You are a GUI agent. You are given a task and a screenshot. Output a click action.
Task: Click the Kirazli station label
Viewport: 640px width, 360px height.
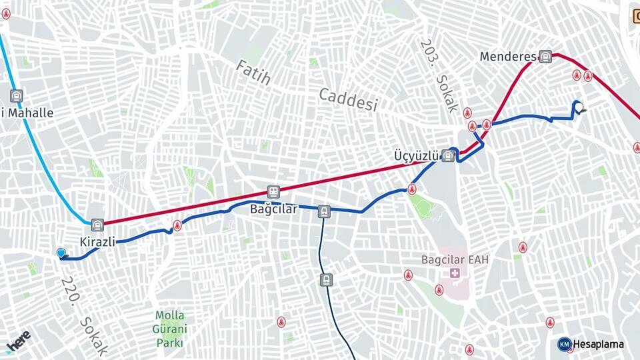coord(98,241)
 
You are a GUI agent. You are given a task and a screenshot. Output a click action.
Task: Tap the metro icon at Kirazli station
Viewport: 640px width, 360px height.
coord(98,224)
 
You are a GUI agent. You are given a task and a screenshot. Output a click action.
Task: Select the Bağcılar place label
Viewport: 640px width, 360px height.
coord(273,209)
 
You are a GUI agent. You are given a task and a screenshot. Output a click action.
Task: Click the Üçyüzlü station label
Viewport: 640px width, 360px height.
coord(417,155)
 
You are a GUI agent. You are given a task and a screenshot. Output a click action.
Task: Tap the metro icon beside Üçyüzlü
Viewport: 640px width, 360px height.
coord(448,156)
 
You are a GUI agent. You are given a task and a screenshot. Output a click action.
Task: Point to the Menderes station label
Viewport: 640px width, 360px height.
coord(508,57)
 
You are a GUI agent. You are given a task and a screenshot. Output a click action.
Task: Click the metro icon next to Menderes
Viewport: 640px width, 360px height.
coord(546,57)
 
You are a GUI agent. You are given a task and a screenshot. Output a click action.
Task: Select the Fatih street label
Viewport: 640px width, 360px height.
coord(253,72)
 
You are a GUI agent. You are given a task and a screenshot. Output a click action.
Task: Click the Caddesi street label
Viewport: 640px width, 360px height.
coord(348,99)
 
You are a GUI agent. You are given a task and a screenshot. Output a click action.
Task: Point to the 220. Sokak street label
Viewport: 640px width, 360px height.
coord(84,315)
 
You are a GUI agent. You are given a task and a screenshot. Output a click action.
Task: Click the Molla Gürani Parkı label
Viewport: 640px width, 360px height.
coord(170,329)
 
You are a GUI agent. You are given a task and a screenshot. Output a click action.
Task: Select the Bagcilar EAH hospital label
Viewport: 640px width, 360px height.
coord(455,259)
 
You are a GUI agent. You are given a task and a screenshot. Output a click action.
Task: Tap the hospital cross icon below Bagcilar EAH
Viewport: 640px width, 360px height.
coord(455,273)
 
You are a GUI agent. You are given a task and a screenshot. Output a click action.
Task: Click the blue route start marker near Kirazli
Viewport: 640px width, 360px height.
coord(61,253)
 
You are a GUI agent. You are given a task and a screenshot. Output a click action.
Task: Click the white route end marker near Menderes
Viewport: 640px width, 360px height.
coord(579,107)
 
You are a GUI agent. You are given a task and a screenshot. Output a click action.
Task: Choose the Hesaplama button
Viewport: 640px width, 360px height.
coord(591,344)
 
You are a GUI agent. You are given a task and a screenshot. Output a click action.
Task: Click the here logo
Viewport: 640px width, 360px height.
coord(18,341)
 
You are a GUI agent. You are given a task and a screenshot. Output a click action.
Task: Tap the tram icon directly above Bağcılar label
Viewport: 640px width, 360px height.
coord(273,191)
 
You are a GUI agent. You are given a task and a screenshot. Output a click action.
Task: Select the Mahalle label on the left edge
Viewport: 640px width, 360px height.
coord(27,113)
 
